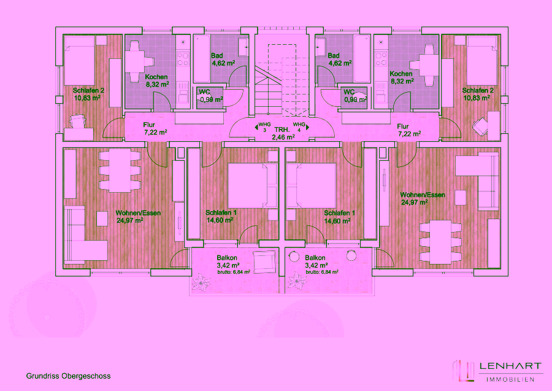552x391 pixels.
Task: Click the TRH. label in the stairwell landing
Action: click(282, 130)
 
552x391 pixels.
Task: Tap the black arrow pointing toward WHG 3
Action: click(256, 127)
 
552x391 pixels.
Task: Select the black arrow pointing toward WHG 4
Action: click(307, 127)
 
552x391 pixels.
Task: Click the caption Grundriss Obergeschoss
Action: click(68, 376)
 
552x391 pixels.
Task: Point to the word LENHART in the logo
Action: click(510, 366)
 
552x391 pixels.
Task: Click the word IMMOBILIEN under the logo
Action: click(510, 379)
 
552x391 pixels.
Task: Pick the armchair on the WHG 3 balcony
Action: click(264, 261)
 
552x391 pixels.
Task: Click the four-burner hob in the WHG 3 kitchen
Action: click(183, 59)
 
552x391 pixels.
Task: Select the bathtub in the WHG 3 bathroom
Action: click(202, 59)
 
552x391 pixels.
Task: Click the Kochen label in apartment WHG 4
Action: click(401, 74)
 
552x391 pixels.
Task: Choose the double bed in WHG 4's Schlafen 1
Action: click(311, 185)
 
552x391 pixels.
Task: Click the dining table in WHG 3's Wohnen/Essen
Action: click(120, 171)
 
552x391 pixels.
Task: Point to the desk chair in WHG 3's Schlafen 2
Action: click(78, 121)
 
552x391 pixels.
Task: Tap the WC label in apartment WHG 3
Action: click(204, 92)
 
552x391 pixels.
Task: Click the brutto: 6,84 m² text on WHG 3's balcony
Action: click(234, 273)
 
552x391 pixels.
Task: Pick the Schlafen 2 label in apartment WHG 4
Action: click(478, 90)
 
